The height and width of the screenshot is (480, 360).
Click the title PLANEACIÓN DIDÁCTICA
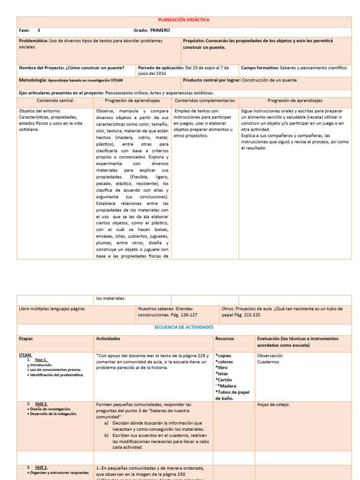click(x=184, y=20)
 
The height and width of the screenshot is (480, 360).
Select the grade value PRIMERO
click(x=160, y=30)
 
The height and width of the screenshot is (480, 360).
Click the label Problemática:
click(x=33, y=41)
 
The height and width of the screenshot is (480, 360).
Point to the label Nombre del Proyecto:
click(x=42, y=67)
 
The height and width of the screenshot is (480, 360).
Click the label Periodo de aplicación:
click(x=161, y=67)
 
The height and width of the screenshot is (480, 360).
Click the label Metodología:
click(x=32, y=80)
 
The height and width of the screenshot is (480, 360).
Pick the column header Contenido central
click(x=55, y=100)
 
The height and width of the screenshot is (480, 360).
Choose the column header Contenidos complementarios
click(x=205, y=100)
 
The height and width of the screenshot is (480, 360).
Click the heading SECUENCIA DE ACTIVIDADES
click(x=184, y=327)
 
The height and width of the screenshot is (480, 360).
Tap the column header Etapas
click(x=26, y=338)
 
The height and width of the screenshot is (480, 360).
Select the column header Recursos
click(x=225, y=338)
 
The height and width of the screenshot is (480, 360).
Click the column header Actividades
click(x=108, y=338)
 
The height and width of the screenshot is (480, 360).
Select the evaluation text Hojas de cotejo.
click(x=273, y=405)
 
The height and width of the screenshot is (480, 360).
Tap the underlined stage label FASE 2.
click(x=41, y=404)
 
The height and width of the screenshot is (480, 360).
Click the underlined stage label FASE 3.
click(x=41, y=467)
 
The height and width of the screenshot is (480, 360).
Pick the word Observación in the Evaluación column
click(x=270, y=355)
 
